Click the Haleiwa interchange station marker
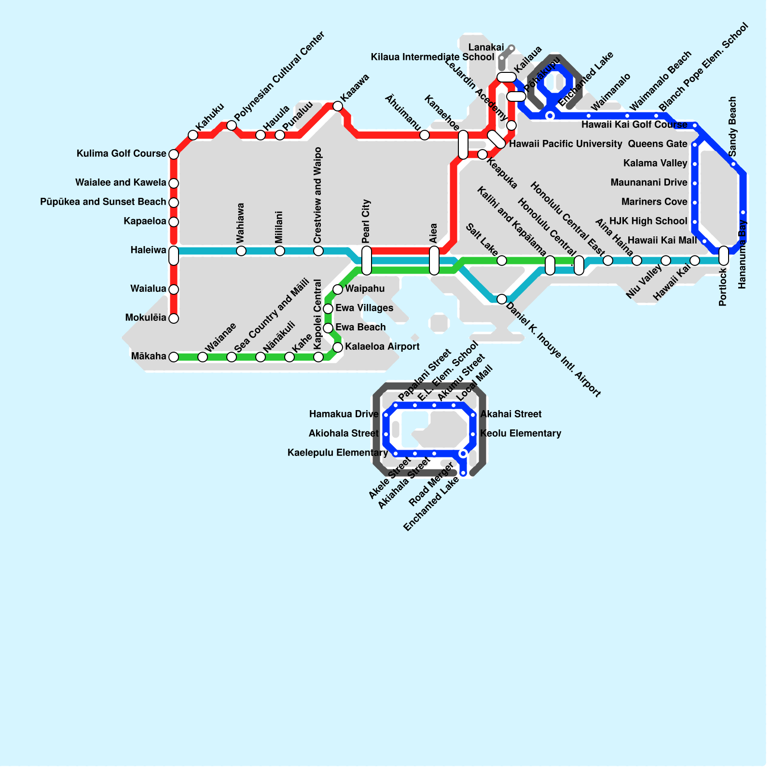174,255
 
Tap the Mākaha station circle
174,357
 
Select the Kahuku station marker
193,135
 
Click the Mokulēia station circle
174,318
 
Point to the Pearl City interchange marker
367,260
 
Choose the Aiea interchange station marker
434,260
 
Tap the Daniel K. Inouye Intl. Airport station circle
502,299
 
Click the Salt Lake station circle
502,261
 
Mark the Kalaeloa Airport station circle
338,347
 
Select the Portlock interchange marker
724,256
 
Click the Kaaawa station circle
338,106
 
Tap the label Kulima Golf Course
121,154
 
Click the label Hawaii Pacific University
565,144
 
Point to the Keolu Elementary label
521,434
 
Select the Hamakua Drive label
344,414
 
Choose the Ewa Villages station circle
328,309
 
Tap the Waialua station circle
174,289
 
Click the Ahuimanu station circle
425,135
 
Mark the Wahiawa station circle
241,251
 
